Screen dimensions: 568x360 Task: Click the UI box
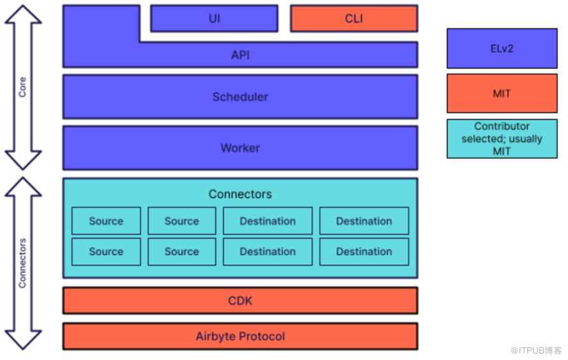click(215, 19)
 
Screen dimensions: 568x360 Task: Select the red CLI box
click(354, 19)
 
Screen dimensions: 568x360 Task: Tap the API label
click(240, 55)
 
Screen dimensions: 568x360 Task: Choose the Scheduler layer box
click(240, 97)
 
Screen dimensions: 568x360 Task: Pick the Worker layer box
click(240, 148)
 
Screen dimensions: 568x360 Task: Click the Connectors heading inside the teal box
click(240, 194)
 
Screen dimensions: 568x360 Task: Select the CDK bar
click(240, 301)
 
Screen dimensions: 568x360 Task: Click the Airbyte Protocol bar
click(240, 336)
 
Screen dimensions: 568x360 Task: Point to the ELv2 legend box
click(502, 48)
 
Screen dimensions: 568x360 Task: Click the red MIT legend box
click(502, 93)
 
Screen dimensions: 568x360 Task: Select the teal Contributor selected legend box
click(502, 139)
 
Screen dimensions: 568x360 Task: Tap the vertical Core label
click(22, 87)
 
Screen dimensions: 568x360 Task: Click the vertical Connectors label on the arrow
click(22, 263)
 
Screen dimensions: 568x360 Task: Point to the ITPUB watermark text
click(536, 350)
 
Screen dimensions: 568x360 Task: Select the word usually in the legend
click(526, 139)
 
